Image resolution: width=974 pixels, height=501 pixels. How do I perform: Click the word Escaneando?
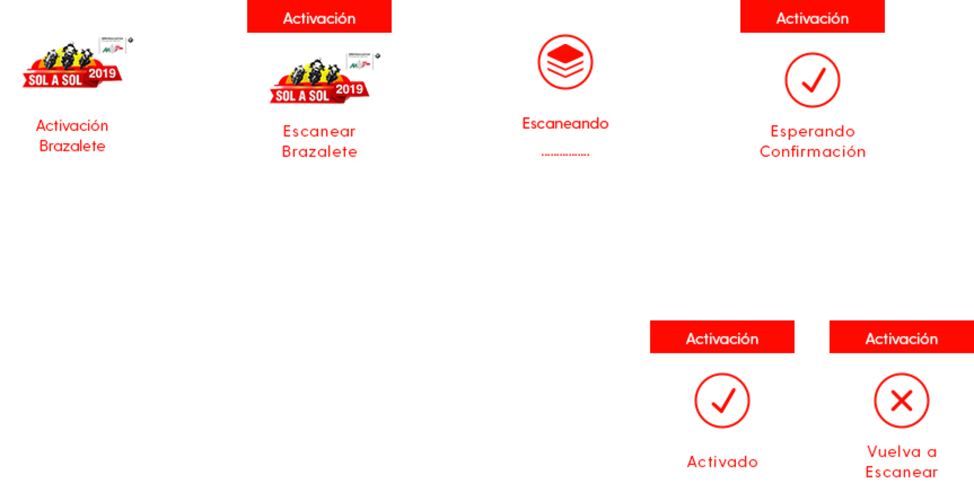click(x=565, y=123)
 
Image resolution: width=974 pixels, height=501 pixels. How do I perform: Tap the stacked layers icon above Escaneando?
click(x=565, y=62)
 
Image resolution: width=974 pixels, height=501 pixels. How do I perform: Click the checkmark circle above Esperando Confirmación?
click(x=812, y=80)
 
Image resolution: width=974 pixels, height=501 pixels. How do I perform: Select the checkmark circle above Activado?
click(x=722, y=400)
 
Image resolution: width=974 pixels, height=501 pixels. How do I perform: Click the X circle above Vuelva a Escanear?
click(x=901, y=400)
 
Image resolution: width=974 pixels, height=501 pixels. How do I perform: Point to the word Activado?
click(x=722, y=462)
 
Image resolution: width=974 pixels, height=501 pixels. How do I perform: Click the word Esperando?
click(x=812, y=131)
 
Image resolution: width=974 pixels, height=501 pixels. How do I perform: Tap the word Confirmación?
click(x=812, y=152)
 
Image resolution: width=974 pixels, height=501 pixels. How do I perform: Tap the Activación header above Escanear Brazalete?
click(x=319, y=18)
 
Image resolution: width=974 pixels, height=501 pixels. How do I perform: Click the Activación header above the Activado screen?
click(x=722, y=339)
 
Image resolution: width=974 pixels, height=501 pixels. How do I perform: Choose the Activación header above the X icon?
click(x=901, y=339)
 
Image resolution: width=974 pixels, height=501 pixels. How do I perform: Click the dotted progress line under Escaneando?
click(x=565, y=154)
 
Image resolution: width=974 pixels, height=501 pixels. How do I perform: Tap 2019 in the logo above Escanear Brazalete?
click(x=349, y=89)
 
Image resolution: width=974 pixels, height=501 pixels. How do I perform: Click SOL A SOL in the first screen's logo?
click(x=55, y=80)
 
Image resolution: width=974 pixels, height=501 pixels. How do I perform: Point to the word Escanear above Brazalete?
click(x=319, y=131)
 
